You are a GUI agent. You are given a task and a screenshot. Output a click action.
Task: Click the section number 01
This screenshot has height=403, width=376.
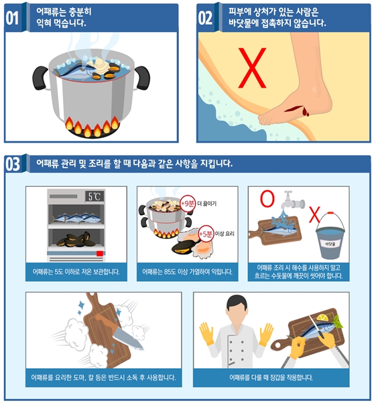pyautogui.click(x=12, y=18)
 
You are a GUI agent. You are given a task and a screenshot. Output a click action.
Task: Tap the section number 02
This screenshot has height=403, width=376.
pyautogui.click(x=205, y=18)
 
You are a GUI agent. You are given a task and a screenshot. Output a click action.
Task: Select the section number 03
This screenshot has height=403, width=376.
pyautogui.click(x=13, y=165)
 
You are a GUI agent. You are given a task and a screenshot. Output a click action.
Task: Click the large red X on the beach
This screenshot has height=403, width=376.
pyautogui.click(x=252, y=68)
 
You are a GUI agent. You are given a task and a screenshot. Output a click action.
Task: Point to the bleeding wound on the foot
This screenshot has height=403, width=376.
pyautogui.click(x=297, y=110)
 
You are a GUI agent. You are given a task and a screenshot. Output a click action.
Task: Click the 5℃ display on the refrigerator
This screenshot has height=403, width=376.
pyautogui.click(x=95, y=197)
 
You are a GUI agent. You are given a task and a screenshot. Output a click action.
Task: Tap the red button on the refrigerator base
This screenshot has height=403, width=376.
pyautogui.click(x=100, y=254)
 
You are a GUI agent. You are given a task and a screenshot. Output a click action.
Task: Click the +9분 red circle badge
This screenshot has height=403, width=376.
pyautogui.click(x=188, y=204)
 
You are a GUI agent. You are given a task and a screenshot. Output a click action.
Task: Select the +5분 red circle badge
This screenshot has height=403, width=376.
pyautogui.click(x=206, y=234)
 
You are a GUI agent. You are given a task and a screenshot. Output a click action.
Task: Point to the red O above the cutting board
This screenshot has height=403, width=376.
pyautogui.click(x=267, y=199)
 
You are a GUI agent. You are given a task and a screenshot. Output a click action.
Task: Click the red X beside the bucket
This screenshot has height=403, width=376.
pyautogui.click(x=314, y=215)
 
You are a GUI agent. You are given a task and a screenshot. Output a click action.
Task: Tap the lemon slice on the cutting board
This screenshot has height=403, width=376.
pyautogui.click(x=322, y=317)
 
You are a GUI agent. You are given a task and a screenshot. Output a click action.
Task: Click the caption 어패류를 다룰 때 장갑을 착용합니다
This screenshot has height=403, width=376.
pyautogui.click(x=271, y=378)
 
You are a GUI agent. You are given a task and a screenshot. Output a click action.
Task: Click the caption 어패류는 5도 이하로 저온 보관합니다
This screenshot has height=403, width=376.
pyautogui.click(x=76, y=272)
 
